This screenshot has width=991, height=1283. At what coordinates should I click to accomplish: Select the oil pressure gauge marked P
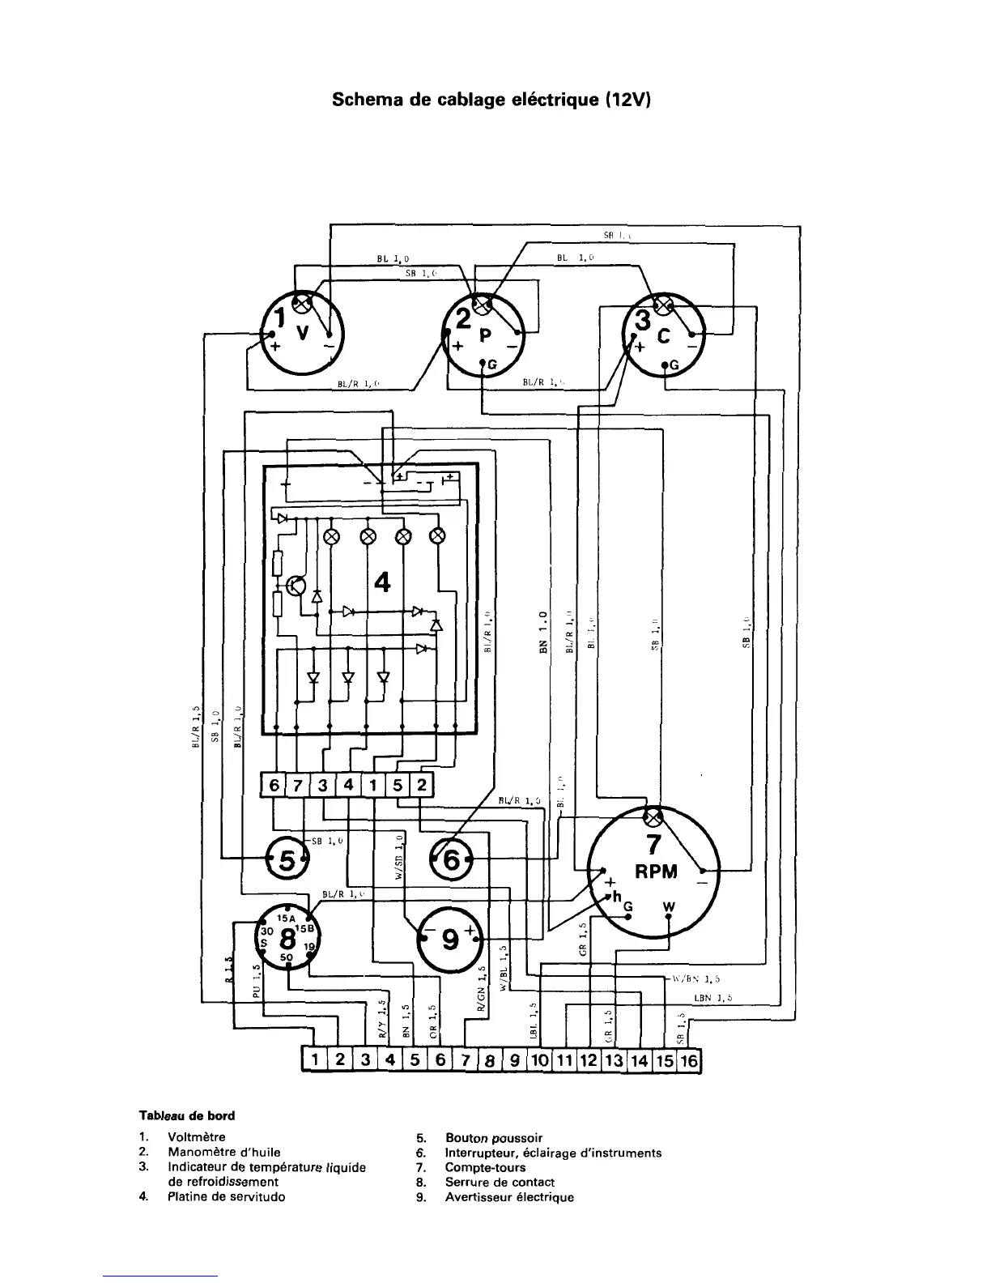[x=484, y=339]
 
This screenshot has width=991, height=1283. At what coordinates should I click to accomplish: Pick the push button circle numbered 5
[x=287, y=859]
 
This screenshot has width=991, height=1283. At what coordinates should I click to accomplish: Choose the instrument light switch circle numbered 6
[x=453, y=860]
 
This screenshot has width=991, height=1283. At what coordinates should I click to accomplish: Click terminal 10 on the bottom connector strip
[x=540, y=1060]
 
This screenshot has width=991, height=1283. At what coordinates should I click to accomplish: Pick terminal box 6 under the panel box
[x=274, y=786]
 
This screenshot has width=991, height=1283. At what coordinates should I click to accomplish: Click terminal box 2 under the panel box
[x=422, y=786]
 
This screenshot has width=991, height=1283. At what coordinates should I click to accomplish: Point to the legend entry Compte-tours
[x=485, y=1167]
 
